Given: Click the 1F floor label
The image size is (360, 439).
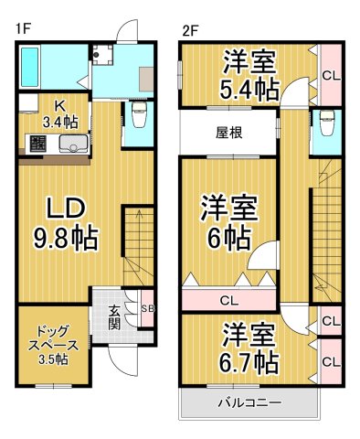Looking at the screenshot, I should (23, 29).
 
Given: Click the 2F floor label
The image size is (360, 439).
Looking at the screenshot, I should (190, 29).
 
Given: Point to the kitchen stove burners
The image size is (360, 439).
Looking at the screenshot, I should (39, 144).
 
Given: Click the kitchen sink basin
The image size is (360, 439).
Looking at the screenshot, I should (72, 145).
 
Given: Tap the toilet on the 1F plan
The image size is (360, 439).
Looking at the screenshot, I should (140, 116).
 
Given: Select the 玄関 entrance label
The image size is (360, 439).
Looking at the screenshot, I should (114, 317).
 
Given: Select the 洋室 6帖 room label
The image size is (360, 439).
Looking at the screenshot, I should (228, 222).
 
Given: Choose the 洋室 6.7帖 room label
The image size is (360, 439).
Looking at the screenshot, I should (249, 348).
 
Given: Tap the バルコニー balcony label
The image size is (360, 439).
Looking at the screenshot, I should (249, 402).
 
